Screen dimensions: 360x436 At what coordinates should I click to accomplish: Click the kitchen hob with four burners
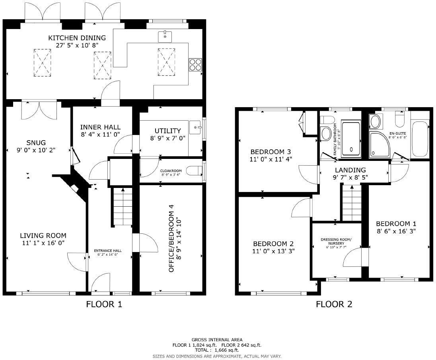[195, 64]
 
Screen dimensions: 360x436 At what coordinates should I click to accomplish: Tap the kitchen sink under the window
[165, 37]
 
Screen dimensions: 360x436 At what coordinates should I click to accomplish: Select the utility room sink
[195, 127]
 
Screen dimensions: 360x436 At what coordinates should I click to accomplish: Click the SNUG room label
[36, 143]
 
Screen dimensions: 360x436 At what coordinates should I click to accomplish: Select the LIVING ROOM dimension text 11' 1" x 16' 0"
[43, 243]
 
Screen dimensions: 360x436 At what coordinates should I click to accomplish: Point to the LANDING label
[350, 170]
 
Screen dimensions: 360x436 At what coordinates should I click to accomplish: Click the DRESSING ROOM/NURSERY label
[337, 241]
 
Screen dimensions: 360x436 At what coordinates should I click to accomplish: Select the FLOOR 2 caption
[334, 305]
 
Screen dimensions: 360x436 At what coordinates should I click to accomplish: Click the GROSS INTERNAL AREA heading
[217, 340]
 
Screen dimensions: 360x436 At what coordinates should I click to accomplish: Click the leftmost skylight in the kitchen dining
[42, 63]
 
